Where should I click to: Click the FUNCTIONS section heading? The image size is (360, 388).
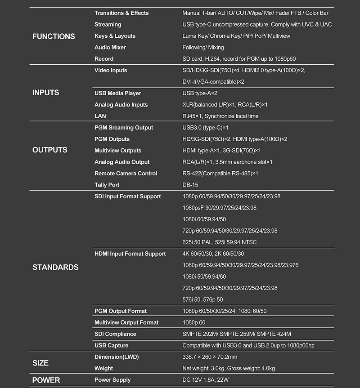(x=54, y=36)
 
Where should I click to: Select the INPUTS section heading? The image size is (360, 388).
(x=45, y=93)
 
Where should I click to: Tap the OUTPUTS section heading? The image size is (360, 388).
(x=49, y=150)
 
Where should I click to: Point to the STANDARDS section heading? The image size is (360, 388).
(x=55, y=268)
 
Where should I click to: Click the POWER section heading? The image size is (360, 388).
(x=46, y=380)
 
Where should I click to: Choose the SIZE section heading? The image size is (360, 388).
(x=40, y=363)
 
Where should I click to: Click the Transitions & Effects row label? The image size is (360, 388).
(x=121, y=13)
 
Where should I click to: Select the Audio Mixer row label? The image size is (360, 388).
(x=110, y=47)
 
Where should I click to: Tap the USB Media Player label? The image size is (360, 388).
(x=118, y=93)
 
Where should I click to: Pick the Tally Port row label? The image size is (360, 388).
(x=107, y=185)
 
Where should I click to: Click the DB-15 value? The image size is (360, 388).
(x=190, y=185)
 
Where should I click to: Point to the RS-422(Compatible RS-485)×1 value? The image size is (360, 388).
(x=220, y=174)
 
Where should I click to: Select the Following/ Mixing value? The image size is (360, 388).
(x=203, y=47)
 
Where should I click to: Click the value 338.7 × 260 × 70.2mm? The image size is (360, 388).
(x=210, y=357)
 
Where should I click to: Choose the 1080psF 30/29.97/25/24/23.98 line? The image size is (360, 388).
(x=220, y=208)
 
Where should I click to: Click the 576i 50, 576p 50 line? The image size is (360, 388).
(x=202, y=299)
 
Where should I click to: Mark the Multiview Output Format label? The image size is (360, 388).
(x=126, y=322)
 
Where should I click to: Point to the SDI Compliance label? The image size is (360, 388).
(x=115, y=334)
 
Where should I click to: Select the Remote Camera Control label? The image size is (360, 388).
(x=126, y=174)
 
